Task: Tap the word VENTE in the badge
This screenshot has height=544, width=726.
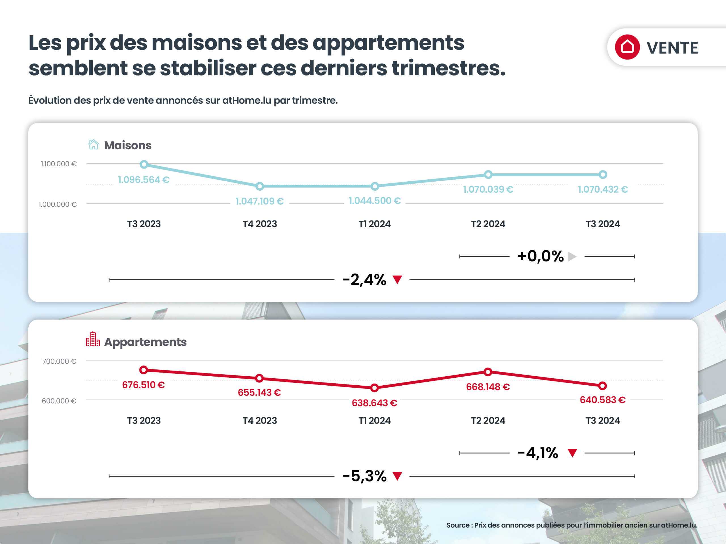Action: point(672,48)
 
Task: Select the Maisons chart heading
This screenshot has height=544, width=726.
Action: point(127,145)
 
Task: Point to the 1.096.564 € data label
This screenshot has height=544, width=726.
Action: point(143,180)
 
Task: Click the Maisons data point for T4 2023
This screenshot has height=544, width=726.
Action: point(259,186)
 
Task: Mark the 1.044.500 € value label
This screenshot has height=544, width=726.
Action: point(375,201)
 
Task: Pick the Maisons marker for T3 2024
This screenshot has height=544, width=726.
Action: point(603,175)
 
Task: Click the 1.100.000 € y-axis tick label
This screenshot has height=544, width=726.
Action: point(59,164)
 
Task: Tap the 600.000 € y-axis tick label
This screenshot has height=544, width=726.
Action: point(59,401)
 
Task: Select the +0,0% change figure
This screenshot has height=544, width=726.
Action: point(540,256)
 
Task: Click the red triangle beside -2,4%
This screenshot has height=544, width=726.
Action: point(398,280)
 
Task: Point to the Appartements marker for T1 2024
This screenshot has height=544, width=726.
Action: point(374,388)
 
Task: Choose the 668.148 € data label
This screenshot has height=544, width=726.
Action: point(488,387)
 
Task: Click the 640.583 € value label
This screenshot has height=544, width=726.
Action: point(602,400)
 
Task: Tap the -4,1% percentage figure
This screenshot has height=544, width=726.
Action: point(537,453)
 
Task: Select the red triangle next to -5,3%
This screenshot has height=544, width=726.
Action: point(398,476)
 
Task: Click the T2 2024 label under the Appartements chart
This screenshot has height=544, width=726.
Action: point(488,420)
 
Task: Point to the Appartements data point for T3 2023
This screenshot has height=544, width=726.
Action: point(143,370)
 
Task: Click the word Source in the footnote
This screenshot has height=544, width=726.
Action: point(457,525)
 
